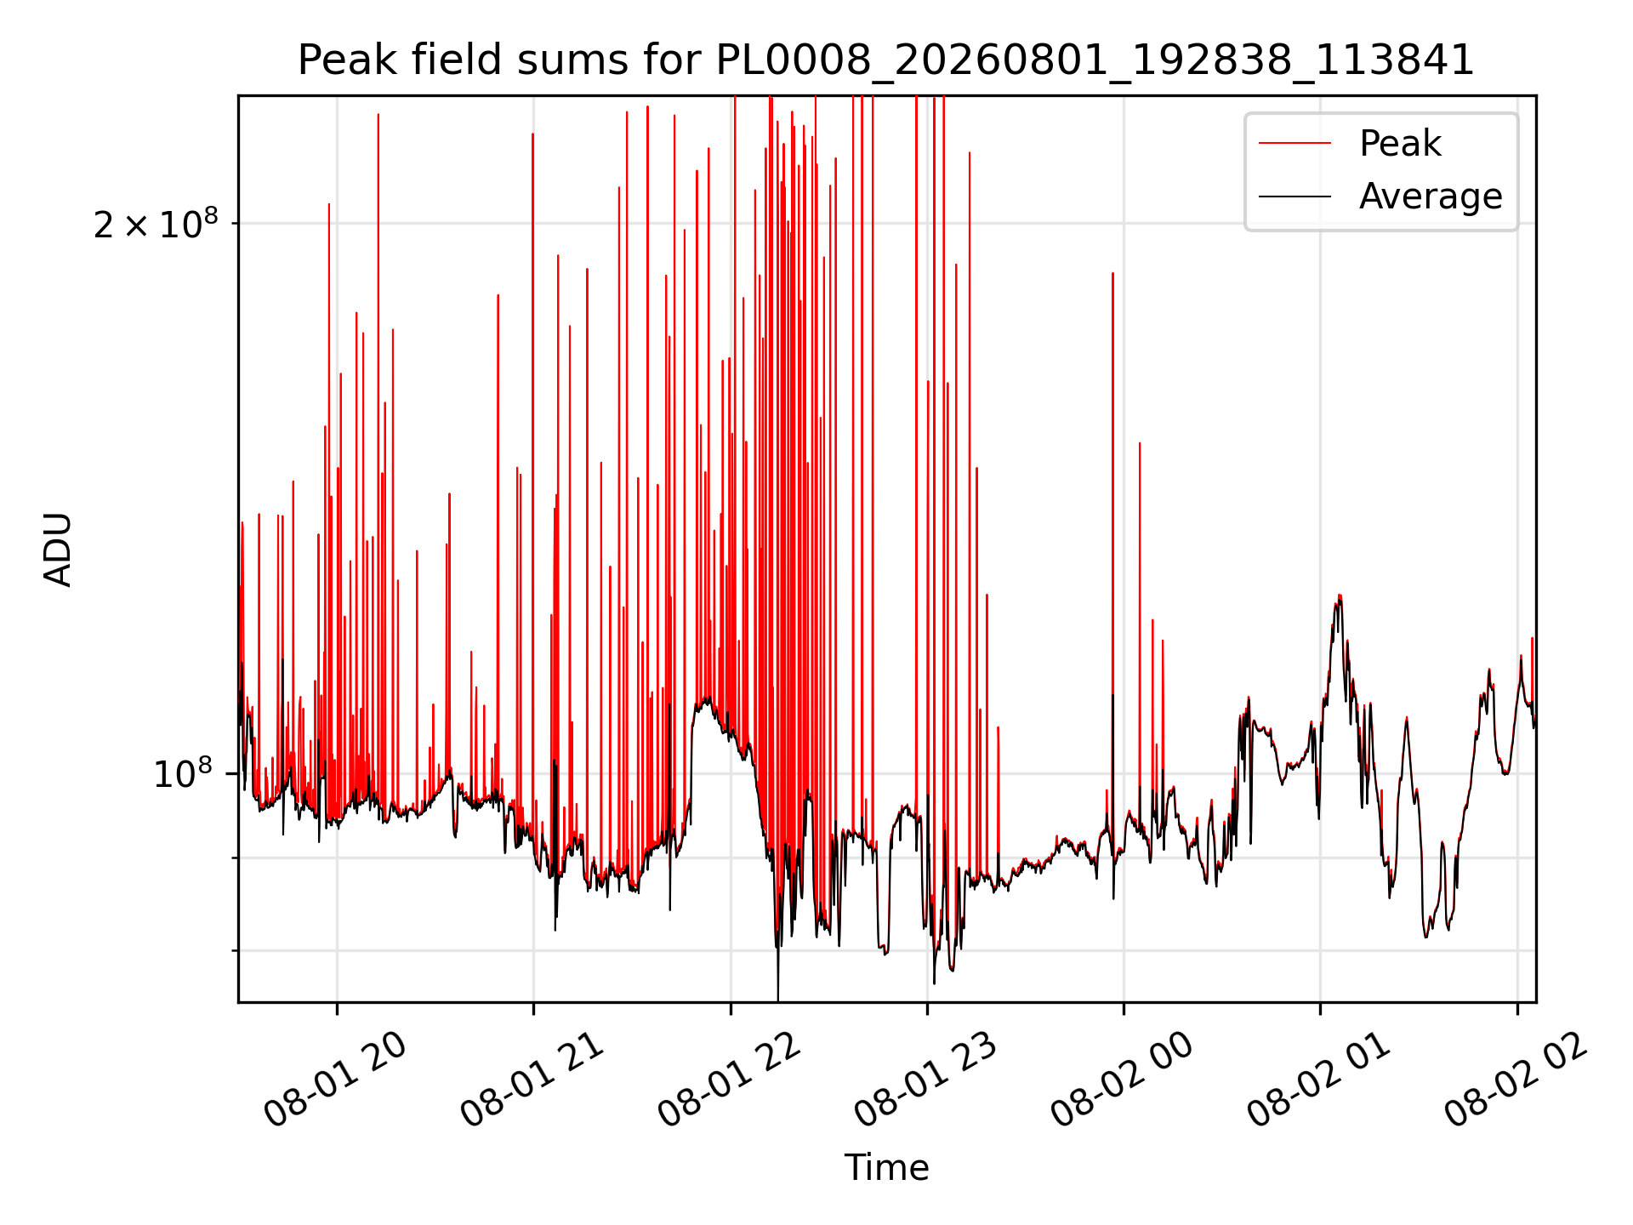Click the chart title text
click(886, 60)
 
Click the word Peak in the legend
click(1400, 144)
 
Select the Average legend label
click(1431, 197)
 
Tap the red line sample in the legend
click(1294, 144)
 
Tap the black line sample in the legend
click(1294, 197)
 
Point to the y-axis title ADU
click(58, 550)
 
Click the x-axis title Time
click(886, 1167)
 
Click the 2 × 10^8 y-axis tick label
click(156, 224)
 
